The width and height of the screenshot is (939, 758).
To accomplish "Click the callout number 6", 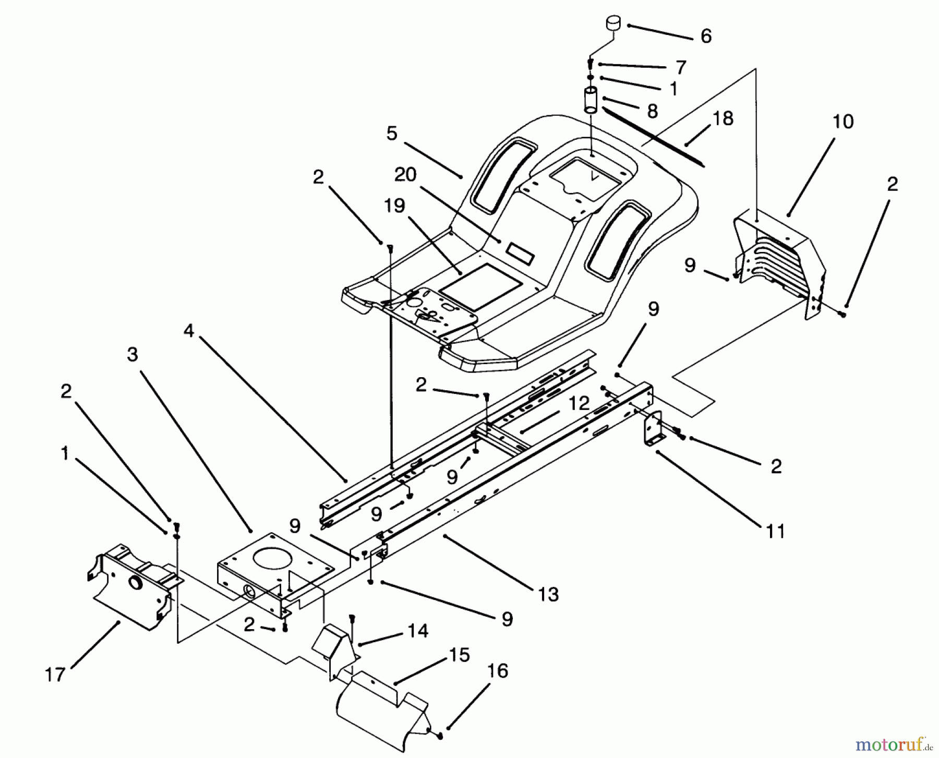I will click(706, 36).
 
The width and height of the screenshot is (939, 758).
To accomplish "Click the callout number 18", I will click(723, 118).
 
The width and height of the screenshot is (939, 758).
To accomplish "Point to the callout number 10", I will click(842, 122).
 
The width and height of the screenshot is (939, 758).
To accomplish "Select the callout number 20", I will click(405, 175).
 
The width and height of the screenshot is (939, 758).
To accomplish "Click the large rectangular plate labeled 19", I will click(480, 285).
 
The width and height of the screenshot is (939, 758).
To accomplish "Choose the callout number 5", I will click(392, 134).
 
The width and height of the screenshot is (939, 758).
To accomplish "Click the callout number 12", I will click(579, 403).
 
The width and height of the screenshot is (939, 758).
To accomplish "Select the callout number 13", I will click(548, 594).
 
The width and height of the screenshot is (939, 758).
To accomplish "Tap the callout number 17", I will click(55, 675).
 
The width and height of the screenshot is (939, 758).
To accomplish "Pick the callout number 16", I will click(498, 671).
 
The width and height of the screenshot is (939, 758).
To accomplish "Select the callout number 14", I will click(418, 631).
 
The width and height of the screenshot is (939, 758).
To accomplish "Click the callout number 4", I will click(188, 331).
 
